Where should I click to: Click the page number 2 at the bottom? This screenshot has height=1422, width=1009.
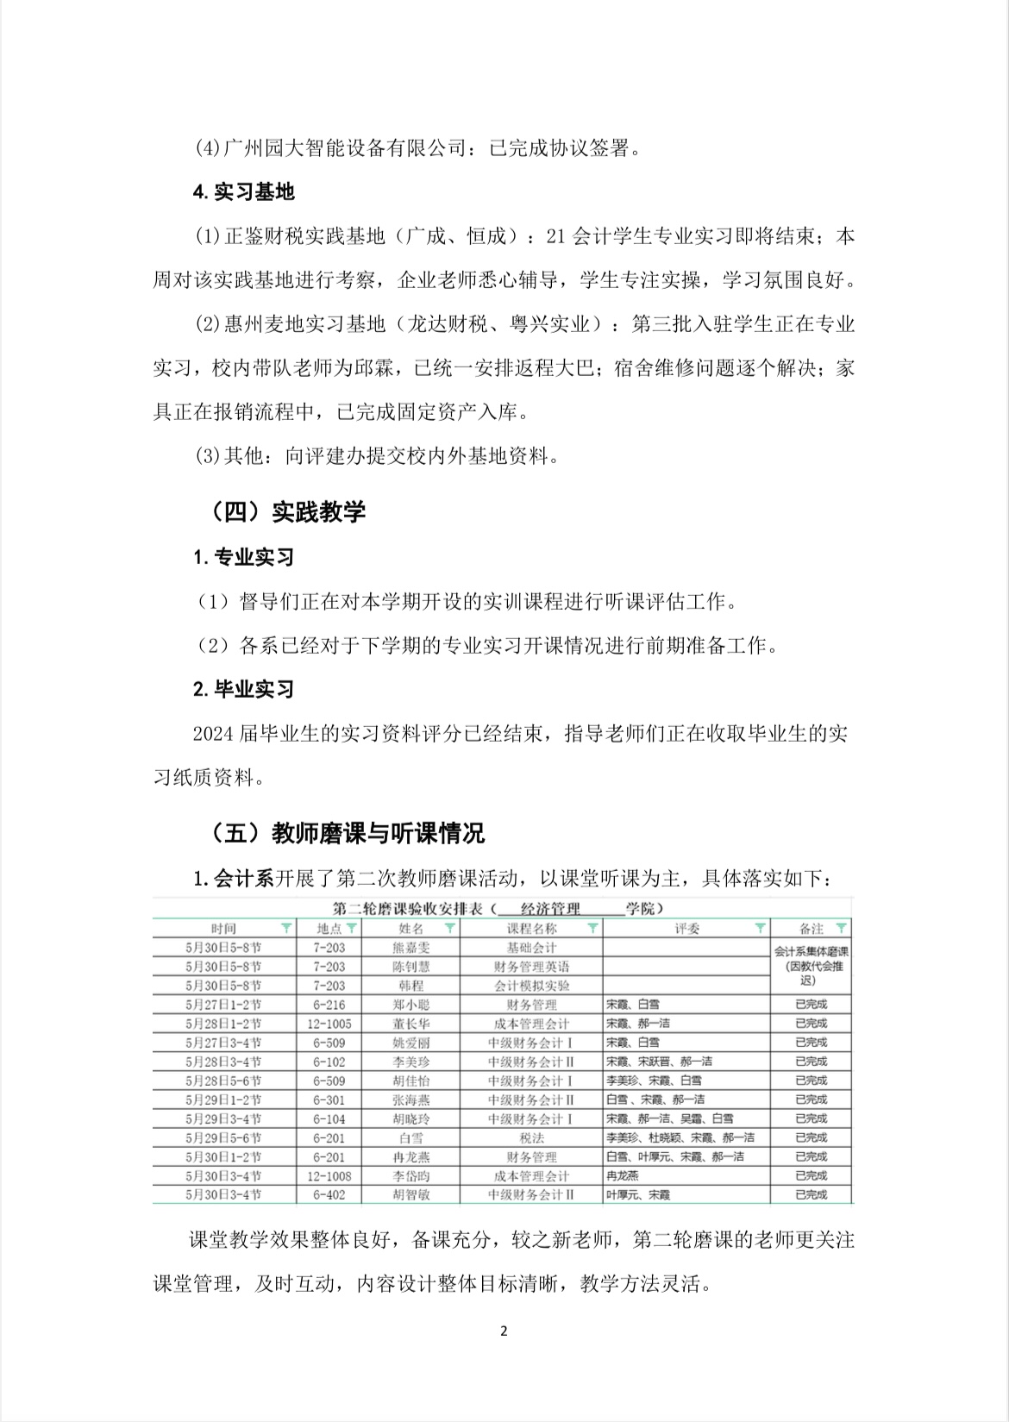pyautogui.click(x=504, y=1331)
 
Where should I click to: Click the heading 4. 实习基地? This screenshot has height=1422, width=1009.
pyautogui.click(x=244, y=191)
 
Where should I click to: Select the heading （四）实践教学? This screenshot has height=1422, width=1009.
pyautogui.click(x=287, y=512)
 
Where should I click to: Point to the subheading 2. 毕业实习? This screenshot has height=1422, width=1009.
pyautogui.click(x=244, y=689)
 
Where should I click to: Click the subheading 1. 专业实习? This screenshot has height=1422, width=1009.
pyautogui.click(x=244, y=557)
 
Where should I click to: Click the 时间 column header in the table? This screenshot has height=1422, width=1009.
pyautogui.click(x=223, y=929)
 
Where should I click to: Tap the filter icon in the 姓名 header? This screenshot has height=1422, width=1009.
pyautogui.click(x=449, y=929)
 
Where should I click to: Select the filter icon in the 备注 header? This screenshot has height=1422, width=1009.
pyautogui.click(x=842, y=929)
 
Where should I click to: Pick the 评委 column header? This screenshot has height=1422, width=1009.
pyautogui.click(x=687, y=929)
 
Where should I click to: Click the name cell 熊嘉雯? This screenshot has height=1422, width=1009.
pyautogui.click(x=410, y=948)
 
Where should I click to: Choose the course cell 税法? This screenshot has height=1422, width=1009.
pyautogui.click(x=531, y=1138)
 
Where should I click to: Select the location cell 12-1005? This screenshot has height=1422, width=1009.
pyautogui.click(x=329, y=1024)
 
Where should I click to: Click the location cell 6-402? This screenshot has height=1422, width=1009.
pyautogui.click(x=329, y=1195)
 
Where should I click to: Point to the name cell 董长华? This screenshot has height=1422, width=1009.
pyautogui.click(x=410, y=1024)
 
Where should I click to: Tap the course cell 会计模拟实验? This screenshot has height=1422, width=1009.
pyautogui.click(x=531, y=986)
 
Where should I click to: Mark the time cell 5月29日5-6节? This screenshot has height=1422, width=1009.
pyautogui.click(x=223, y=1138)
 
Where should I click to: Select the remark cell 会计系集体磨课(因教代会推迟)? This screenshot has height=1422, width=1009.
pyautogui.click(x=811, y=966)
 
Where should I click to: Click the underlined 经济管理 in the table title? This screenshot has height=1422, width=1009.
pyautogui.click(x=550, y=908)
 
